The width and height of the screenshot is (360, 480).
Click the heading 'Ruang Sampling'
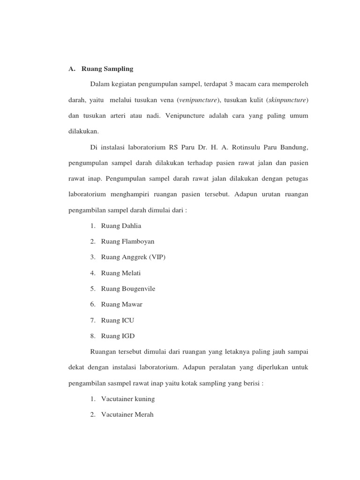[x=107, y=69]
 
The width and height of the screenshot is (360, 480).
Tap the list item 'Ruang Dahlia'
[x=121, y=226]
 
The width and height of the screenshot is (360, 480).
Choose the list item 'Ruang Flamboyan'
[x=127, y=241]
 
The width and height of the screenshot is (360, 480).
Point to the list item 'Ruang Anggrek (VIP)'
[x=133, y=257]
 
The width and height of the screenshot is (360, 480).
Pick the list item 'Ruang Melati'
[x=120, y=273]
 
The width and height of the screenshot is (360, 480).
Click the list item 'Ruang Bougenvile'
[x=128, y=289]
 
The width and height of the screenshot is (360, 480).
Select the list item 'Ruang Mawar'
[x=121, y=304]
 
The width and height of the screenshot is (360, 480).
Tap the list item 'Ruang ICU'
[x=118, y=321]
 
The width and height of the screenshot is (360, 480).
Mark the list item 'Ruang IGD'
[x=118, y=336]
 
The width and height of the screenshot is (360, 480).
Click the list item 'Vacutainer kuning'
[x=127, y=399]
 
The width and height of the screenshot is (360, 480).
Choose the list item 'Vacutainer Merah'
[x=127, y=415]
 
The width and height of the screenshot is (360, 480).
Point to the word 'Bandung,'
[x=293, y=148]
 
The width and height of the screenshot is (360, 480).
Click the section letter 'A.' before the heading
[x=72, y=69]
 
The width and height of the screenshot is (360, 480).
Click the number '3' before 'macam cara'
[x=232, y=84]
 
